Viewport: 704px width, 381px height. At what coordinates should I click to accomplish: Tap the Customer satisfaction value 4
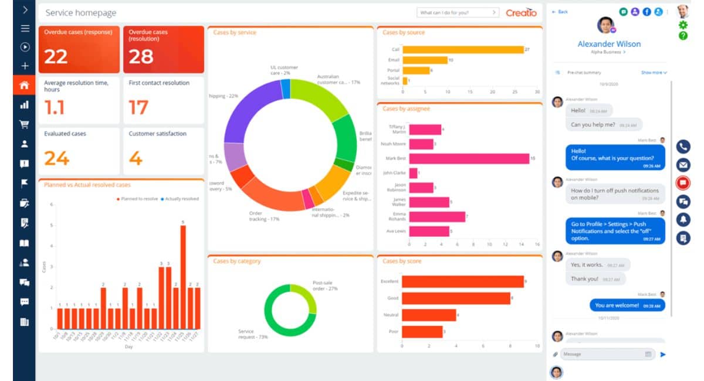click(136, 158)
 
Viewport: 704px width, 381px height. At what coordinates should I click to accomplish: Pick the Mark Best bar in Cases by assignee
click(469, 158)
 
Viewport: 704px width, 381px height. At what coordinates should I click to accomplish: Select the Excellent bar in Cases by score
click(463, 281)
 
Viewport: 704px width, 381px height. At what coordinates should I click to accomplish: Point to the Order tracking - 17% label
click(263, 216)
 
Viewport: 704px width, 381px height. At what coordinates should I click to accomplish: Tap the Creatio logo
click(521, 12)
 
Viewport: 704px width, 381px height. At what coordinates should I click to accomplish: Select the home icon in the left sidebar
click(25, 85)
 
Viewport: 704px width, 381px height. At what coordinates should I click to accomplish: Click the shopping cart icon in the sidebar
click(25, 124)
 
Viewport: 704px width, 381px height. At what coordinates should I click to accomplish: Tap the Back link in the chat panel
click(560, 12)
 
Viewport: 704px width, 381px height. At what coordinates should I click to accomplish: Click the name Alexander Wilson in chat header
click(609, 44)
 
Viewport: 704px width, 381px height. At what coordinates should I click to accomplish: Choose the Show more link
click(654, 73)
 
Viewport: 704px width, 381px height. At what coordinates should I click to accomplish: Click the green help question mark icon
click(683, 36)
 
